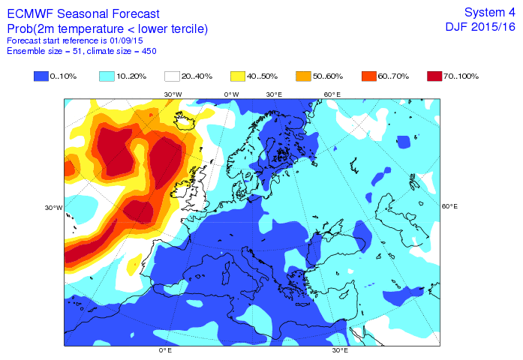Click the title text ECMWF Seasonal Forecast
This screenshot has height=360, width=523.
point(83,13)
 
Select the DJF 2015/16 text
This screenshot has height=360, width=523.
point(480,26)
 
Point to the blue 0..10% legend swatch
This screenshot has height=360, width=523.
point(42,76)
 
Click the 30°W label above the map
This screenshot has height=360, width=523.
point(173,94)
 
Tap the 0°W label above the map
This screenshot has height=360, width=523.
point(231,94)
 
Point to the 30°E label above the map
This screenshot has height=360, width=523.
point(274,94)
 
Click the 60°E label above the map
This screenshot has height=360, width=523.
point(332,94)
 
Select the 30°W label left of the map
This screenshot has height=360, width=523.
point(53,208)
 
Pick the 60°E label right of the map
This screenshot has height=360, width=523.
point(449,206)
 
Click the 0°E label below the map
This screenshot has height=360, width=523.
point(165,350)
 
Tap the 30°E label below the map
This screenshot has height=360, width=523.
point(340,350)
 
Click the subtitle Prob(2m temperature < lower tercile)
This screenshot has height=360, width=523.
point(107,28)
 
